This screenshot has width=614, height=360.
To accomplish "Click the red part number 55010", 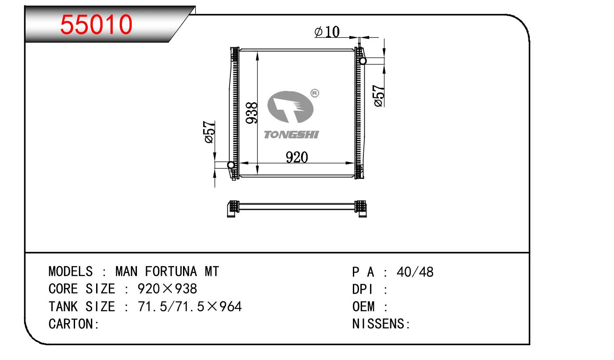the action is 96,25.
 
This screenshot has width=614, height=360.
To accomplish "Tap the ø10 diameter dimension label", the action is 327,32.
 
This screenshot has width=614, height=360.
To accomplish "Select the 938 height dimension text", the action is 251,113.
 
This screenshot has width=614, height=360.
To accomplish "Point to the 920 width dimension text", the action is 297,157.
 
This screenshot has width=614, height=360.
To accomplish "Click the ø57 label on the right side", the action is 379,96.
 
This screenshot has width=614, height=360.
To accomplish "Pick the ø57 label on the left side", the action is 209,132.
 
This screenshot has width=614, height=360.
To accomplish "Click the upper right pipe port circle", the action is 363,61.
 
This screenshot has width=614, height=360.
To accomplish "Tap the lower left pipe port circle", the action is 231,165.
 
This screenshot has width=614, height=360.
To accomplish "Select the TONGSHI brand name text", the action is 291,135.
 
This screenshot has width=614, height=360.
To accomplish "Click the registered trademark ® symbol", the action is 315,93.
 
